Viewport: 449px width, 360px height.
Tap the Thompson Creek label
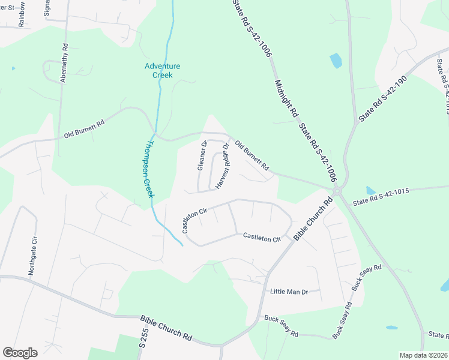149,169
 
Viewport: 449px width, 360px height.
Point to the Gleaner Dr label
202,156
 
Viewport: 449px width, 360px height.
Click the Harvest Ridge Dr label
222,166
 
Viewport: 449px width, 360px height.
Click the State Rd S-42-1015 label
381,191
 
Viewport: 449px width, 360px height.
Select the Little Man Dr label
289,292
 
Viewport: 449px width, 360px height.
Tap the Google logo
20,353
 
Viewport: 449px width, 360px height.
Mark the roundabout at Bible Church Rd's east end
338,191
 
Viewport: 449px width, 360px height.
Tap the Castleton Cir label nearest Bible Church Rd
262,238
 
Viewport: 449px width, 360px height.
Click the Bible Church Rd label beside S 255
166,329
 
